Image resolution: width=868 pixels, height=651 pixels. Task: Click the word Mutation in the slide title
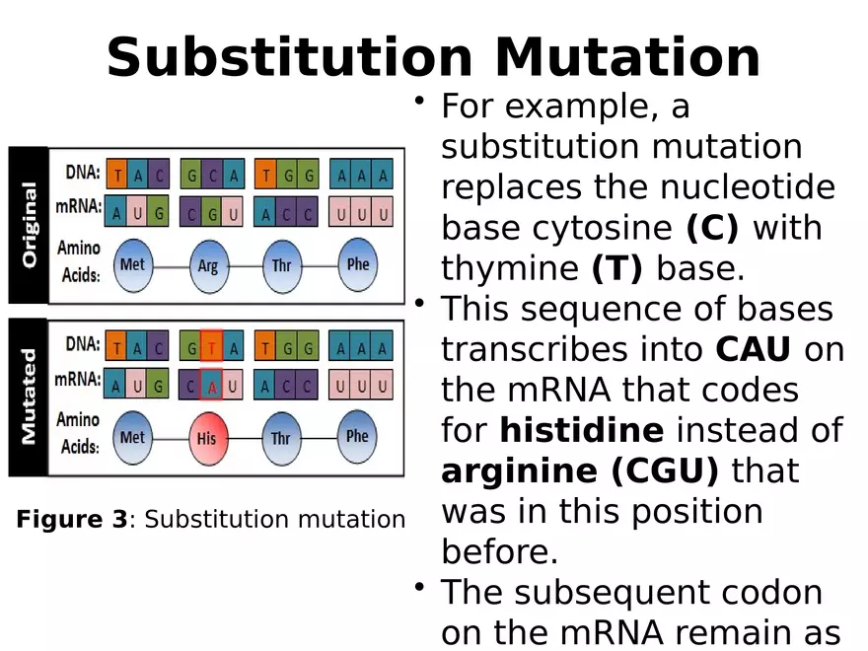coord(627,57)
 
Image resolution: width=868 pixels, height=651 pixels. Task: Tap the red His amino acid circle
coord(206,436)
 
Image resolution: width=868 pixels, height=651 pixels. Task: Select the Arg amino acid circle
coord(207,264)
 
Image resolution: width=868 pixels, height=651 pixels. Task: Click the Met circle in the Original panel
coord(132,264)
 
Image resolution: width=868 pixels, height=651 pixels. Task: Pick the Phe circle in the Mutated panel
coord(357,436)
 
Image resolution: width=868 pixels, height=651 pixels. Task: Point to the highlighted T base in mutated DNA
coord(212,347)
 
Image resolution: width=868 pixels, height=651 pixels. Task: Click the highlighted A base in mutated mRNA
coord(212,387)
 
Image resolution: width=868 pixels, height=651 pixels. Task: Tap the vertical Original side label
coord(29,225)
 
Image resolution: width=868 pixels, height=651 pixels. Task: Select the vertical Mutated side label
coord(29,397)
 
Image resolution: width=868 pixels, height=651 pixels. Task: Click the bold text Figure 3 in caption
coord(72,520)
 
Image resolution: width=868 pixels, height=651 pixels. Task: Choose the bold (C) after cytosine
coord(711,228)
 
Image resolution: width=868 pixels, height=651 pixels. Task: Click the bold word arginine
coord(519,471)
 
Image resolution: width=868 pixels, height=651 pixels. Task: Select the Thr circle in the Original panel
coord(281,264)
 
